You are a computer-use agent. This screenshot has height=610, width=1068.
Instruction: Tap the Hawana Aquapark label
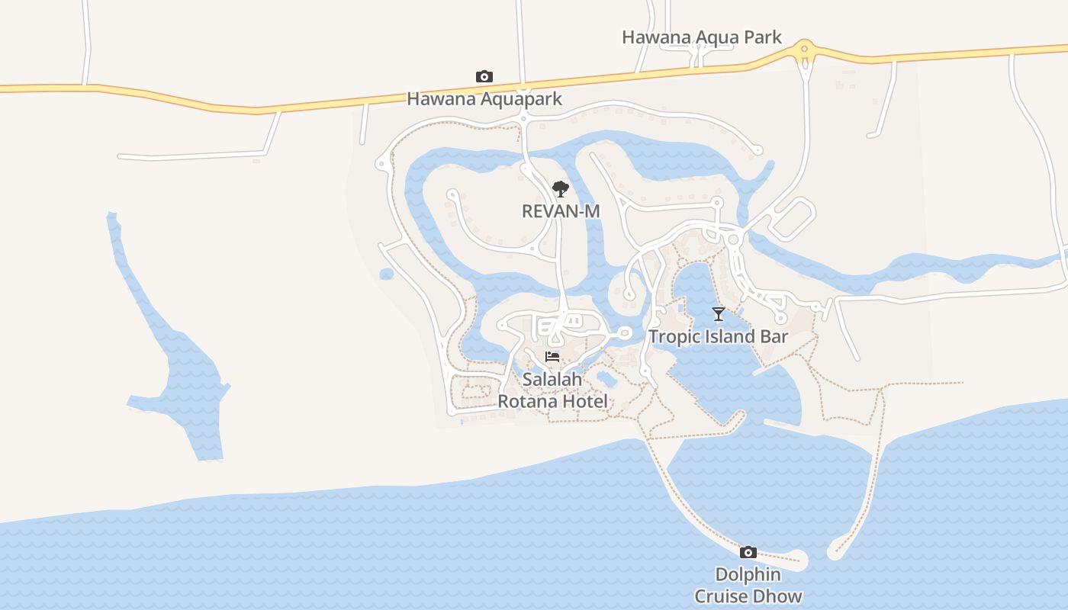(484, 98)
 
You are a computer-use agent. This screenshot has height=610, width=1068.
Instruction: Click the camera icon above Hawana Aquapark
(484, 76)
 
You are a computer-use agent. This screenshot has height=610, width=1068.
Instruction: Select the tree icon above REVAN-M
(561, 189)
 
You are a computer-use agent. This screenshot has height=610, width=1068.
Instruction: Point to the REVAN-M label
(561, 211)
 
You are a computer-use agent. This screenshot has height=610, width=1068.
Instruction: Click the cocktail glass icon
(718, 314)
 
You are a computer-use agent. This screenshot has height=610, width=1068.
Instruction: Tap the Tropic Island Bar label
(718, 336)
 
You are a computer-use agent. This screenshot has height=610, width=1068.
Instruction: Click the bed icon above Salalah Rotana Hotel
(552, 357)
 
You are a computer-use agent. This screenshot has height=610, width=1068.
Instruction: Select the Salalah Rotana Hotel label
(553, 390)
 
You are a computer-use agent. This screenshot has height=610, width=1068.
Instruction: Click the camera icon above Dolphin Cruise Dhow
(748, 552)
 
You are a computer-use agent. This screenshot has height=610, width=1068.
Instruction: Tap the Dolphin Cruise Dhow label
(748, 585)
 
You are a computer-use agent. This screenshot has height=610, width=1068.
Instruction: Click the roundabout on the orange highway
(803, 50)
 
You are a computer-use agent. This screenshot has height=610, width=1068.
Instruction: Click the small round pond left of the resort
(386, 274)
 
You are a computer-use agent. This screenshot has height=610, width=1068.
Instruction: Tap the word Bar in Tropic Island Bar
(774, 336)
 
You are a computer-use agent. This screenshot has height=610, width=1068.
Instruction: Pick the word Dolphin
(748, 574)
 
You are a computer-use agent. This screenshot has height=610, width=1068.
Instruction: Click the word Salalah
(552, 379)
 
